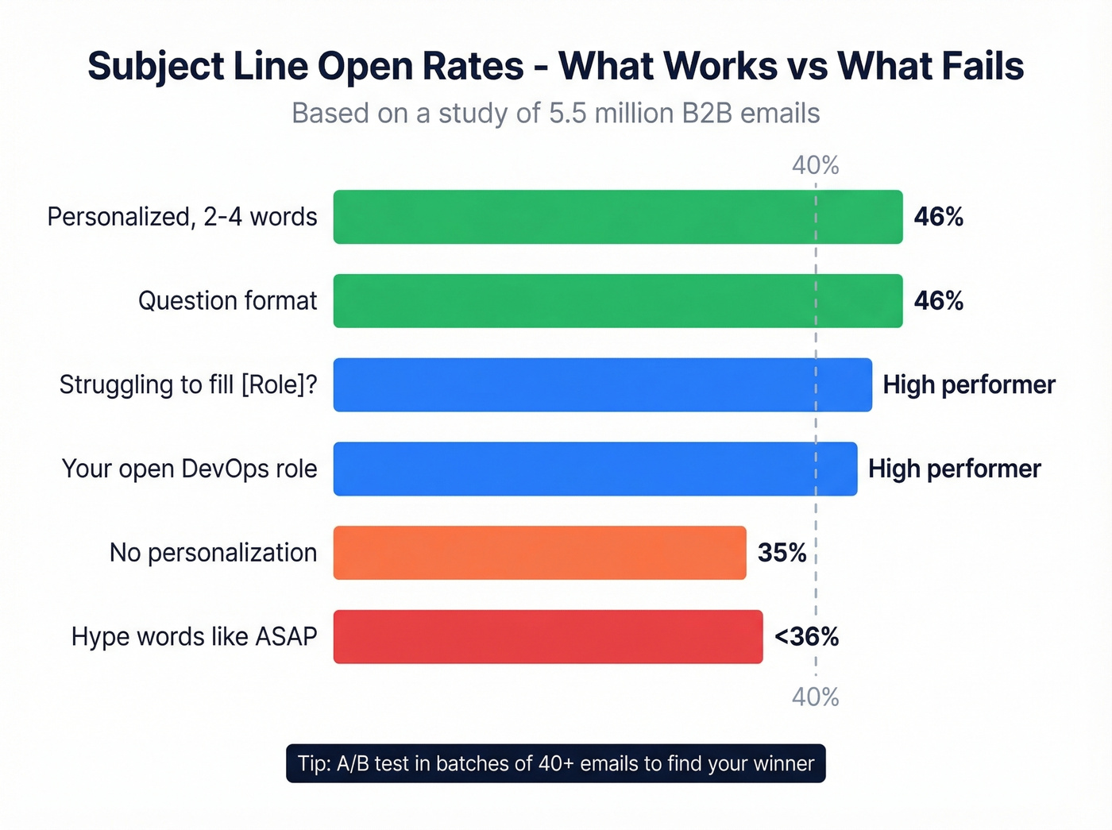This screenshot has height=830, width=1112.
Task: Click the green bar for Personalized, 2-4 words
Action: [x=617, y=217]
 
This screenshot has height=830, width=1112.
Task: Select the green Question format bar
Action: [x=617, y=301]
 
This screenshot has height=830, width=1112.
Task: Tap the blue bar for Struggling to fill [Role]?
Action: [x=602, y=385]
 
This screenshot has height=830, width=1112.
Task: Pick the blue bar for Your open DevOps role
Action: [x=595, y=469]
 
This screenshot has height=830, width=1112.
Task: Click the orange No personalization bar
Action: [x=539, y=553]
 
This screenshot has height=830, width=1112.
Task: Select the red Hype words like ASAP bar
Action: [x=548, y=637]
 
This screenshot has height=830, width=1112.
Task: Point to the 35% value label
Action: [x=782, y=553]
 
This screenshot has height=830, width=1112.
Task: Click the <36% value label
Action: [x=806, y=637]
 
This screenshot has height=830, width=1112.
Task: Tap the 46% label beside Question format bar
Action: [x=938, y=301]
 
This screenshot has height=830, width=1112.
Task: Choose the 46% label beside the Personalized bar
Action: [x=938, y=217]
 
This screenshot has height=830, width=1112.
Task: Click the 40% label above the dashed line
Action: [x=815, y=165]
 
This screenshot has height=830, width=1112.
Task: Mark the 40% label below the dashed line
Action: [x=815, y=697]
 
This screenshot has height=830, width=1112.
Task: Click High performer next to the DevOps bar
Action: [x=954, y=469]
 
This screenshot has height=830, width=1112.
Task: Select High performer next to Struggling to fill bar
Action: [x=969, y=385]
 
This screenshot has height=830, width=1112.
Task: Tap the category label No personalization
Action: [x=213, y=553]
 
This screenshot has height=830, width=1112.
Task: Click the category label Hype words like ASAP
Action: [x=194, y=637]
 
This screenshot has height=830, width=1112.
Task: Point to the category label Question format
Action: [x=227, y=301]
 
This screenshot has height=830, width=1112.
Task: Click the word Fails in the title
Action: [x=982, y=66]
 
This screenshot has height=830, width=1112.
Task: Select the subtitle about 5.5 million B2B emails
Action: [x=555, y=114]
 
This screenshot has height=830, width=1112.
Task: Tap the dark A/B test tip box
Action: [x=555, y=763]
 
